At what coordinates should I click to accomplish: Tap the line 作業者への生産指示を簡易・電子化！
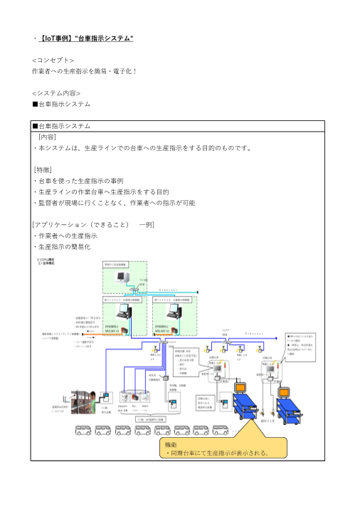tap(85, 72)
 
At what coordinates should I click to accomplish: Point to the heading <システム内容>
tap(56, 93)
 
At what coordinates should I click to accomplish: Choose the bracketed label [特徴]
tap(43, 169)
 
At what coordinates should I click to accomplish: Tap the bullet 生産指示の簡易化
tap(64, 246)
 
